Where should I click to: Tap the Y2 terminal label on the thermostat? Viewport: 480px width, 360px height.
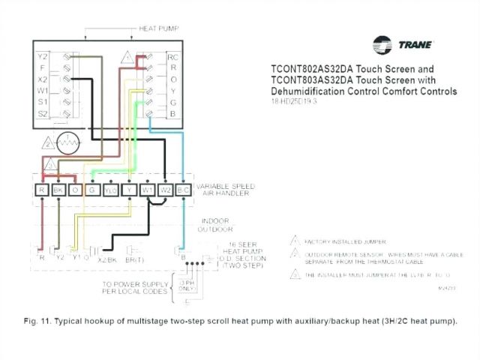click(x=43, y=55)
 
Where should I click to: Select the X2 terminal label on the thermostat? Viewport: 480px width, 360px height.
click(x=43, y=78)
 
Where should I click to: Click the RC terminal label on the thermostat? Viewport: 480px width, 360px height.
click(x=172, y=56)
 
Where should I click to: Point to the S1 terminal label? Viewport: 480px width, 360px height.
click(x=43, y=100)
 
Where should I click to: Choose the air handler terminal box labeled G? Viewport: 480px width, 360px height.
click(x=93, y=190)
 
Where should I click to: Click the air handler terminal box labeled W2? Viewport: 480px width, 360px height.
click(x=166, y=190)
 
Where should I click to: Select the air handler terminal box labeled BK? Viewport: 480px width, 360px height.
click(x=58, y=190)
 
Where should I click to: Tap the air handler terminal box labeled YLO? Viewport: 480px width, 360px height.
click(x=111, y=190)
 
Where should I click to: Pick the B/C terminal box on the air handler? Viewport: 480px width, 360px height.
click(x=184, y=190)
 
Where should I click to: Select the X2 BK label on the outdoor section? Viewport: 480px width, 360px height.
click(x=106, y=259)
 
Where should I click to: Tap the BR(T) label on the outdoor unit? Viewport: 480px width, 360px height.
click(x=135, y=259)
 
